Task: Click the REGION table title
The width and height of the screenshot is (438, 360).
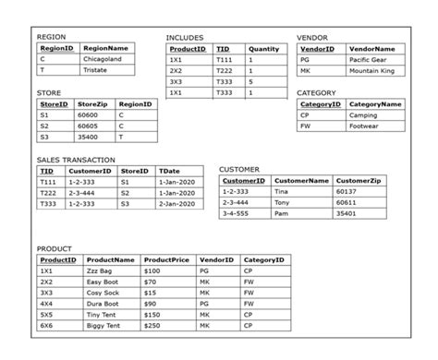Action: coord(50,36)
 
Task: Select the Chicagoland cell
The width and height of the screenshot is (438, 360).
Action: coord(103,58)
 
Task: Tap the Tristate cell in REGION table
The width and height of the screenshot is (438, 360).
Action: coord(96,69)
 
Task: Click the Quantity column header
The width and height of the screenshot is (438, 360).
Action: coord(264,48)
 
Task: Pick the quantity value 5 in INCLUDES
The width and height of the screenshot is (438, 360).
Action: coord(250,81)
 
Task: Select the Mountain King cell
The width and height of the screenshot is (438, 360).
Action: coord(371,70)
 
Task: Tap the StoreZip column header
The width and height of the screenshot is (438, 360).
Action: coord(93,104)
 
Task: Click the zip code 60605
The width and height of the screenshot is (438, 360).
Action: coord(89,126)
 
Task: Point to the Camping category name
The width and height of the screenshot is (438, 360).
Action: coord(363,115)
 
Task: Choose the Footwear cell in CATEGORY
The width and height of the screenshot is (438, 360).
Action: coord(364,126)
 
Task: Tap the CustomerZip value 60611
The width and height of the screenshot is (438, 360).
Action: coord(352,202)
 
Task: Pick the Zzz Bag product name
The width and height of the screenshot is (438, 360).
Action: coord(98,272)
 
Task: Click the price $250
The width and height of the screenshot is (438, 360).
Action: coord(152,326)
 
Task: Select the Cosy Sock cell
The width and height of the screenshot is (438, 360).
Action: coord(102,294)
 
